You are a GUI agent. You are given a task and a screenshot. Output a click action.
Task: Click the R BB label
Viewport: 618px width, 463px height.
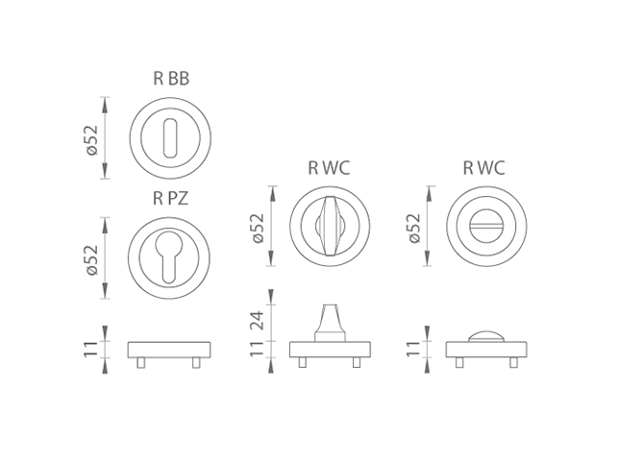coord(171,79)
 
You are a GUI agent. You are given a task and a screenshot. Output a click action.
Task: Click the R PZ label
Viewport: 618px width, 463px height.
coord(171,200)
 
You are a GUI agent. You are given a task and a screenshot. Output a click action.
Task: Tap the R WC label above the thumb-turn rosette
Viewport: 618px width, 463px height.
coord(329,167)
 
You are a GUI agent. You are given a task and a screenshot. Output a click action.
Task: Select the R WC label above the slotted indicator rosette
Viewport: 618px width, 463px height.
coord(483,167)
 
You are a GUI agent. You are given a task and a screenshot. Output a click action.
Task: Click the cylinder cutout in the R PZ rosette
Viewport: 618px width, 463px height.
coord(169,257)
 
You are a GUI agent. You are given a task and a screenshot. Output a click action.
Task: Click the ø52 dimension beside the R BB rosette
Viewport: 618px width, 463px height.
coord(91,137)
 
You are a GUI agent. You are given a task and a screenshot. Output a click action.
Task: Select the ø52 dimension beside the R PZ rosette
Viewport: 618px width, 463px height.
coord(91,257)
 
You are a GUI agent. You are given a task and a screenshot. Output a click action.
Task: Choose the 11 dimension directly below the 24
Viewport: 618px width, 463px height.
coord(258,350)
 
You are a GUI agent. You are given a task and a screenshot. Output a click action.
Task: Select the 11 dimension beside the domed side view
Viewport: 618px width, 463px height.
coord(413,350)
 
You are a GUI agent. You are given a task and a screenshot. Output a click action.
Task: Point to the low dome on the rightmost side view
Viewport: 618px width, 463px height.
coord(485,336)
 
